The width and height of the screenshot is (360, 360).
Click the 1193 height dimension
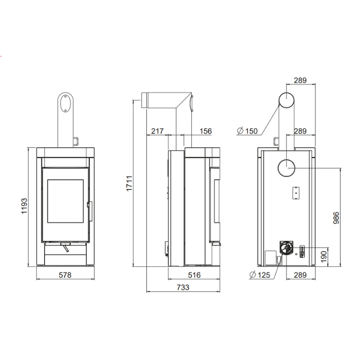[24, 206]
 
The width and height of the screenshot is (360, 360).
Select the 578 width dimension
[65, 275]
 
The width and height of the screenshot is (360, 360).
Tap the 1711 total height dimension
[129, 183]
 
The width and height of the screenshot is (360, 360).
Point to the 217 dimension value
[157, 131]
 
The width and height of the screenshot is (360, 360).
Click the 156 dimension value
[206, 131]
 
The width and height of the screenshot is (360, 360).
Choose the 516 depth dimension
[194, 275]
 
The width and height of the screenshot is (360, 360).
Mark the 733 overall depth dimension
[183, 287]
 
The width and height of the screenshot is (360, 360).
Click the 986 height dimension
[336, 218]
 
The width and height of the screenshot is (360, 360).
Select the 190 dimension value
[324, 256]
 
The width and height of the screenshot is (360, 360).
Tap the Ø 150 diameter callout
[247, 131]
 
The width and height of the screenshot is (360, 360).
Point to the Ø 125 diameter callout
[260, 275]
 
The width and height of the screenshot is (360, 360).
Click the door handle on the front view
[90, 211]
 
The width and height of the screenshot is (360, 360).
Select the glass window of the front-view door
[65, 201]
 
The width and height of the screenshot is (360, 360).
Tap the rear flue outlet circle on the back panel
[286, 168]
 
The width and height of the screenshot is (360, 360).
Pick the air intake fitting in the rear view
[286, 248]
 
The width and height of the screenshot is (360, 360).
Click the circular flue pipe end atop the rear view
[287, 100]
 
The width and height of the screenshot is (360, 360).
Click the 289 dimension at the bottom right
[300, 275]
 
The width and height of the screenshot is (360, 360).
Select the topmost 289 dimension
[300, 81]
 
